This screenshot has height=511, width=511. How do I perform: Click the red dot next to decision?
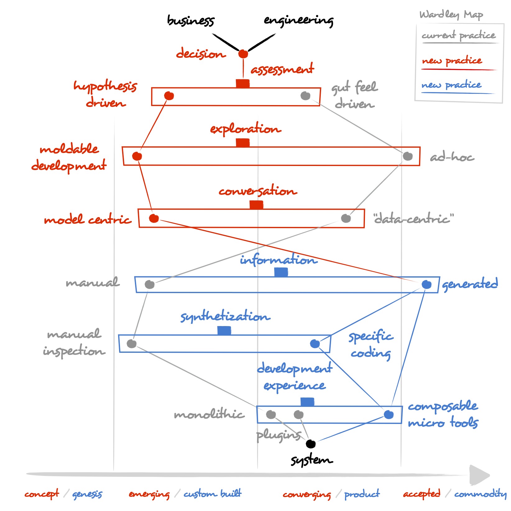pyautogui.click(x=243, y=54)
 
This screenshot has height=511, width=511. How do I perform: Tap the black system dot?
pyautogui.click(x=311, y=444)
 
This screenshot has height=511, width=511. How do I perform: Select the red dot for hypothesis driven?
pyautogui.click(x=169, y=96)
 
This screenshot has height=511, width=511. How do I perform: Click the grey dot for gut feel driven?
pyautogui.click(x=305, y=96)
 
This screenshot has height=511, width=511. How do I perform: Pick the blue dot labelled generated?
pyautogui.click(x=426, y=284)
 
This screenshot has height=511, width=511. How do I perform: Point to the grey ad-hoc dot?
pyautogui.click(x=407, y=156)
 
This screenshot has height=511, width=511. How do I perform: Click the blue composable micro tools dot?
pyautogui.click(x=389, y=414)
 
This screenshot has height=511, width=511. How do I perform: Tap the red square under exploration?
pyautogui.click(x=243, y=143)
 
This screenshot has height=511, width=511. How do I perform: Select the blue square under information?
pyautogui.click(x=281, y=272)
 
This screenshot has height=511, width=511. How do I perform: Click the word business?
pyautogui.click(x=191, y=21)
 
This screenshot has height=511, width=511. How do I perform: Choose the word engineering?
pyautogui.click(x=298, y=21)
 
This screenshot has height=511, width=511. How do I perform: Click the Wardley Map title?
pyautogui.click(x=451, y=15)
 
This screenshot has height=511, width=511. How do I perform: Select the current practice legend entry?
pyautogui.click(x=458, y=36)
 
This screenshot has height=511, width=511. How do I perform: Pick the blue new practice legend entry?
pyautogui.click(x=451, y=85)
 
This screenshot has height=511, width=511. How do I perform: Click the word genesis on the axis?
pyautogui.click(x=87, y=494)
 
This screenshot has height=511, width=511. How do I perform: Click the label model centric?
pyautogui.click(x=88, y=220)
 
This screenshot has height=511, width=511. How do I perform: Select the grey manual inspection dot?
pyautogui.click(x=131, y=343)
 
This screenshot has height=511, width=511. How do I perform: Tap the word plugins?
pyautogui.click(x=279, y=435)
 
